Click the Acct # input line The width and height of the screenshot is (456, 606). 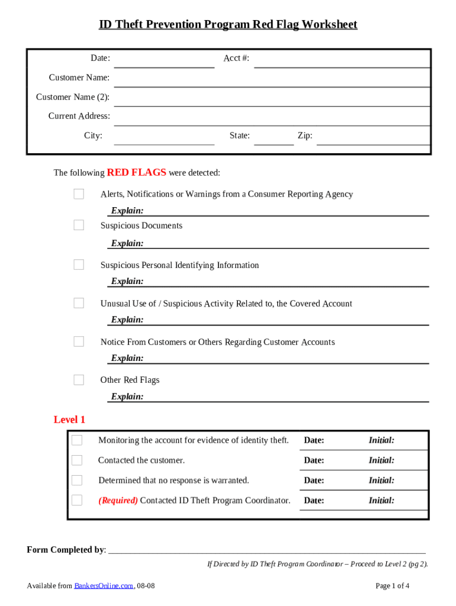coord(342,62)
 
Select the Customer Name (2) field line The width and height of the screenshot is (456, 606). coord(271,101)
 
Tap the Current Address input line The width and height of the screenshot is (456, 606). coord(271,120)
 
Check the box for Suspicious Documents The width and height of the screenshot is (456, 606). coord(79,225)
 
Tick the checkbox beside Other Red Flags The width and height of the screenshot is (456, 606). coord(79,380)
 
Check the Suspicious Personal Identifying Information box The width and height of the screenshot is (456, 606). coord(79,265)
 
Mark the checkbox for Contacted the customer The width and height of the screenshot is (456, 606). coord(77,460)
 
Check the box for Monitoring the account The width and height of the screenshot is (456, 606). coord(77,440)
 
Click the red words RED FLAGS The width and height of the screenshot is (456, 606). coord(136,173)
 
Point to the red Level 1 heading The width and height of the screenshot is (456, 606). coord(69,420)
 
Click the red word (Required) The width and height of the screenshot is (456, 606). coord(118,501)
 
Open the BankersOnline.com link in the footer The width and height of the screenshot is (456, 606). coord(104,586)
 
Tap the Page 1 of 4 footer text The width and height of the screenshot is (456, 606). coord(393,586)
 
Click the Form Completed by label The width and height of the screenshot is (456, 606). coord(65,550)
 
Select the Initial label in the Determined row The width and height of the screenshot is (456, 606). coord(381,481)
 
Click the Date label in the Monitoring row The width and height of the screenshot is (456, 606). coord(314,440)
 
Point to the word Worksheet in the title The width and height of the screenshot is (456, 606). coord(329,25)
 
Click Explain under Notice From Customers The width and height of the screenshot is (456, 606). coord(127,358)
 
